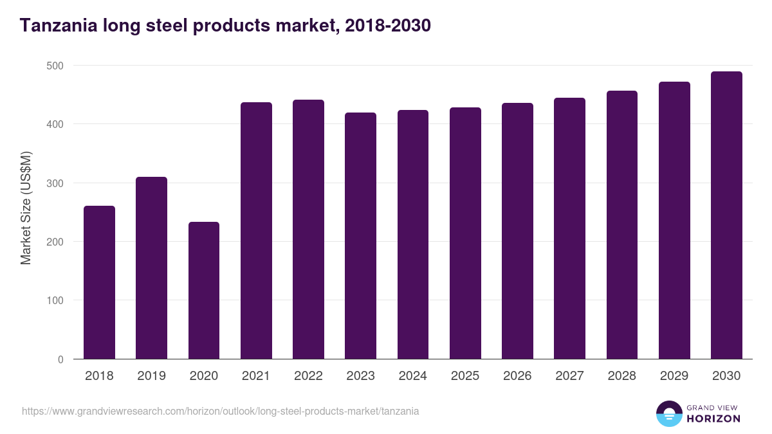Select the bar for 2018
(99, 282)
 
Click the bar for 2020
(204, 291)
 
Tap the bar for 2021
(256, 231)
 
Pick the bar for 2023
(360, 236)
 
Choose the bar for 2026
(517, 231)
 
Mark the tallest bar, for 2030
(726, 215)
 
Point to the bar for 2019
(151, 268)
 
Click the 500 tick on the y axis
(55, 66)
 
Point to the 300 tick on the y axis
(55, 183)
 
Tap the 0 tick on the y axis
(60, 359)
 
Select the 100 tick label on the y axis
(55, 301)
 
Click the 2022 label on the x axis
(308, 376)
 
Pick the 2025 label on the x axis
(465, 376)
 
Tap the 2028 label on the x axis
(621, 376)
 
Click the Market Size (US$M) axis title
(26, 208)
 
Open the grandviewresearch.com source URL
(220, 411)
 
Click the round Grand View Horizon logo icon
(669, 413)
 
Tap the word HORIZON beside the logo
(713, 419)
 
